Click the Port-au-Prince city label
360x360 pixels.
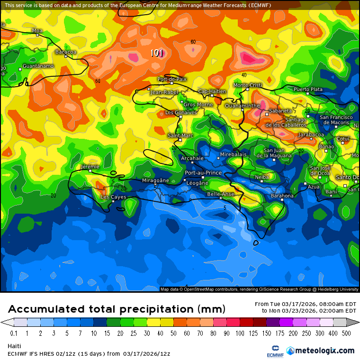pyautogui.click(x=203, y=173)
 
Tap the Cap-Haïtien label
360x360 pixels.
pyautogui.click(x=211, y=91)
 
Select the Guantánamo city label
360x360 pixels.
pyautogui.click(x=38, y=66)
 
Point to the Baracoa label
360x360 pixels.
pyautogui.click(x=66, y=52)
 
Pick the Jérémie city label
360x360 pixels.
pyautogui.click(x=90, y=167)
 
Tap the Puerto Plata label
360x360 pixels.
pyautogui.click(x=308, y=89)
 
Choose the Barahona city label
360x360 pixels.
pyautogui.click(x=282, y=196)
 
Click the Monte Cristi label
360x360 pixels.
pyautogui.click(x=248, y=85)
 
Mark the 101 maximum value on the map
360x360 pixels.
pyautogui.click(x=157, y=53)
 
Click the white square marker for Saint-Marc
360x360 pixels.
pyautogui.click(x=180, y=140)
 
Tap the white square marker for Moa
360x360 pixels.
pyautogui.click(x=37, y=35)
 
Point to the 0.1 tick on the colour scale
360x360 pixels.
pyautogui.click(x=14, y=333)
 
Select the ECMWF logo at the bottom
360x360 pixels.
pyautogui.click(x=272, y=351)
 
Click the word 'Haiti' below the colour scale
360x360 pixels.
pyautogui.click(x=14, y=346)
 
